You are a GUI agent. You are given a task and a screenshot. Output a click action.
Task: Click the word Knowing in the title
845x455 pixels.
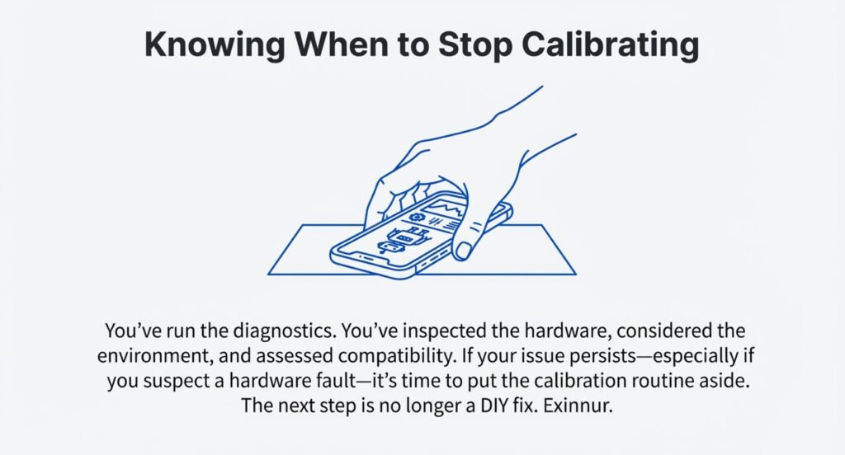click(x=215, y=45)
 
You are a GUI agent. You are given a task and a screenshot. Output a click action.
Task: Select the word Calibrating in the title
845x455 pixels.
click(x=611, y=45)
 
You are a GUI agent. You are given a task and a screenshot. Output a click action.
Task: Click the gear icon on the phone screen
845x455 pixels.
click(x=416, y=218)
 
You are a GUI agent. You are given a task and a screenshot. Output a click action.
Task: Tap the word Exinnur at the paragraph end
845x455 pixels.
click(x=578, y=405)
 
